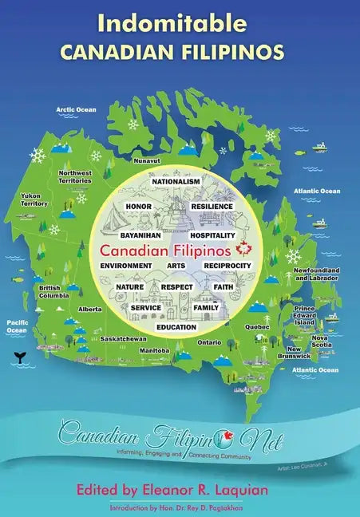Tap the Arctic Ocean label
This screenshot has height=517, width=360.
pos(76,109)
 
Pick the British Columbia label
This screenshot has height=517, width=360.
pos(49,291)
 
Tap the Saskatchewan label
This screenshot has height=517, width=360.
pos(122,338)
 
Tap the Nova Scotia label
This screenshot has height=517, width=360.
pos(320,341)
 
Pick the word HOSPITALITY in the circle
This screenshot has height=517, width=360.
pos(212,236)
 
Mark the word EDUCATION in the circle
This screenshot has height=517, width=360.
pos(176,327)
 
